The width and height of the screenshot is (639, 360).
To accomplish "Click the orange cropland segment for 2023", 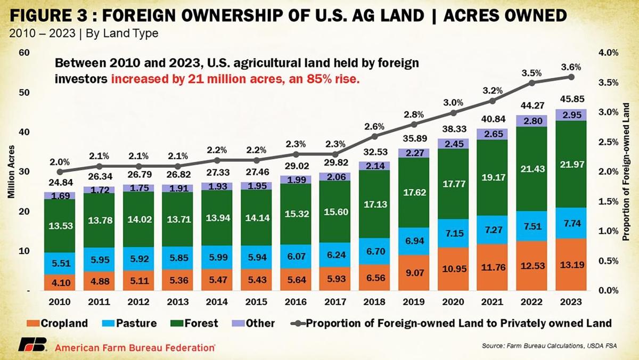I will coord(571,264).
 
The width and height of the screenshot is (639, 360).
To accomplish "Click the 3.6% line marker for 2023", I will coord(571,77).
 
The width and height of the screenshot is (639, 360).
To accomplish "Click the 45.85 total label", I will coord(571,99).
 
